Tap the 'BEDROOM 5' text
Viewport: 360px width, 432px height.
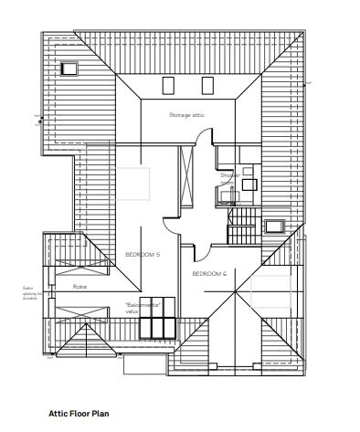click(143, 254)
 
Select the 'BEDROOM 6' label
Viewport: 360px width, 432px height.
click(208, 274)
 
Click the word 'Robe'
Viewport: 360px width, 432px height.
click(79, 286)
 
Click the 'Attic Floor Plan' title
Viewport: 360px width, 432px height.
click(79, 414)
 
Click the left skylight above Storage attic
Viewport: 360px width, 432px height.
click(168, 86)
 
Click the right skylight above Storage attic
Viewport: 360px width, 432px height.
click(206, 86)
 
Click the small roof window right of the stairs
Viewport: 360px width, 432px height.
click(274, 227)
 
